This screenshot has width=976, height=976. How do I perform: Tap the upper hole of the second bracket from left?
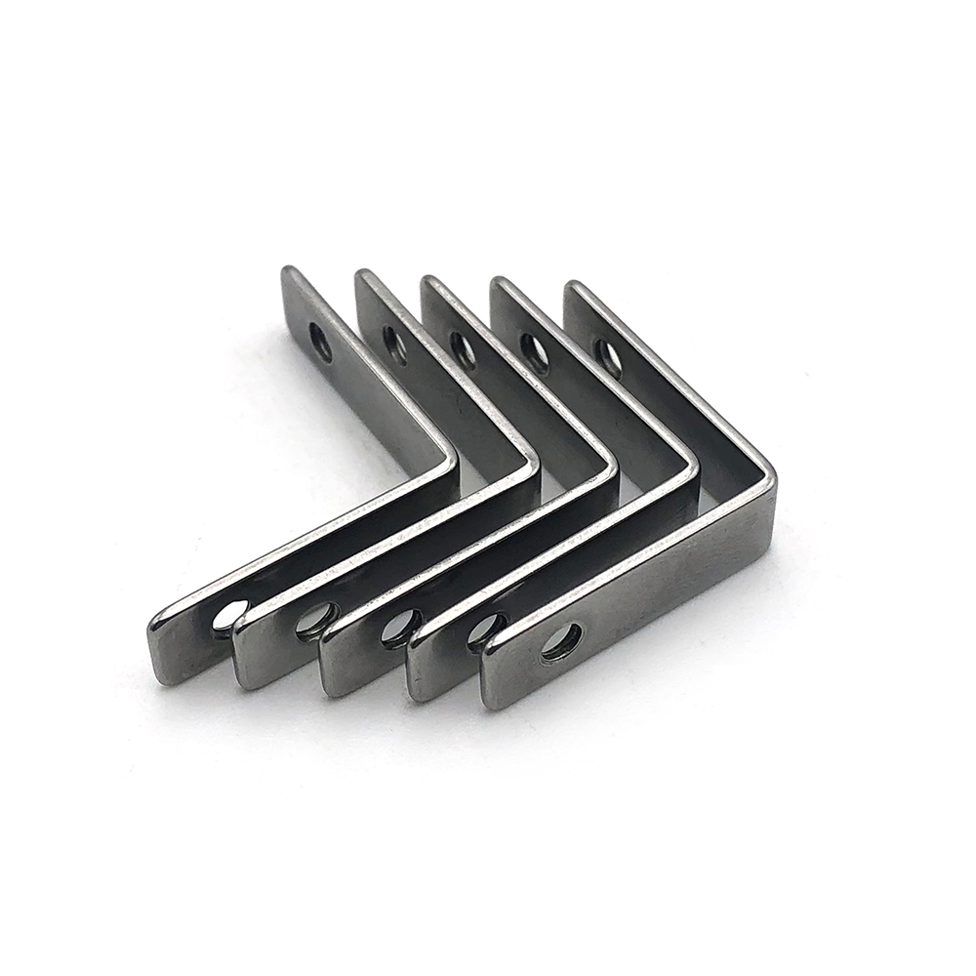(394, 345)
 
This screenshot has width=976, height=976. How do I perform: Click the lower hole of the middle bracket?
(397, 626)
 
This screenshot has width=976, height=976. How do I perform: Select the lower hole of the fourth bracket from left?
(483, 630)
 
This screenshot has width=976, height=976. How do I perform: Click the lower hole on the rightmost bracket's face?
(562, 641)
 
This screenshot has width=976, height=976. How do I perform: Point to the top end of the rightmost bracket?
(575, 291)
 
